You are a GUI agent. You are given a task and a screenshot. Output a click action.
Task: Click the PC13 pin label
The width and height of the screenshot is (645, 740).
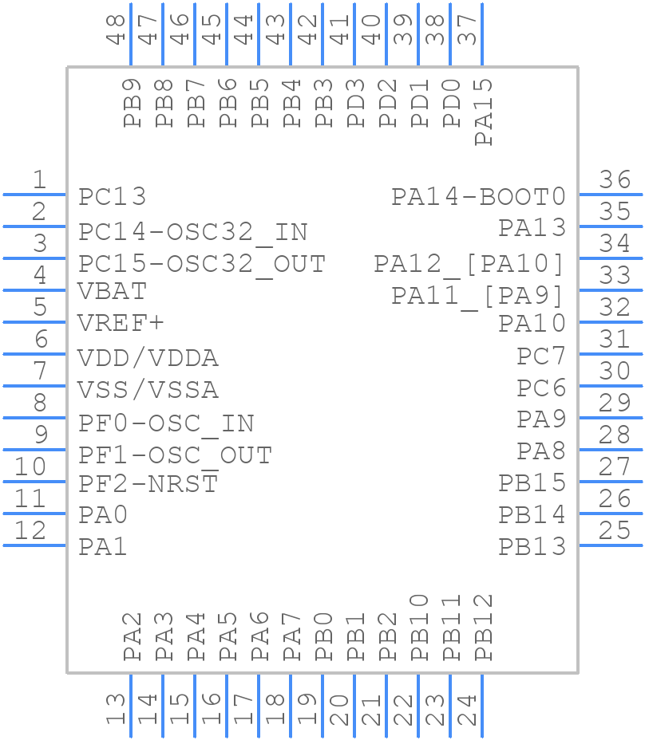(x=113, y=196)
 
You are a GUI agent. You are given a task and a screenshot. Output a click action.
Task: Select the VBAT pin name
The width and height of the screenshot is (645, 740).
(x=112, y=291)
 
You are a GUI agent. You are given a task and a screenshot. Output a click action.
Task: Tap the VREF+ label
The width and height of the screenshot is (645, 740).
(x=121, y=323)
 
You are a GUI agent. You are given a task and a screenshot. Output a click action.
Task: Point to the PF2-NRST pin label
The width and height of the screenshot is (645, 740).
(x=148, y=483)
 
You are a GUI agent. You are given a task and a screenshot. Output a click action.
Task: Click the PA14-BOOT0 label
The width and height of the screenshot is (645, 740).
(x=478, y=196)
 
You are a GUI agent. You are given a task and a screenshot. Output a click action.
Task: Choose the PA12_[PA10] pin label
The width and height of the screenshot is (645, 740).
(x=469, y=263)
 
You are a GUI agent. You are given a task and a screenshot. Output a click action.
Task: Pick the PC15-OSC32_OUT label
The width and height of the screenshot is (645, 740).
(x=201, y=264)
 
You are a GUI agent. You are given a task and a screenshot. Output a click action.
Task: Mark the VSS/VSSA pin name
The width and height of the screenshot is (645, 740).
(x=148, y=390)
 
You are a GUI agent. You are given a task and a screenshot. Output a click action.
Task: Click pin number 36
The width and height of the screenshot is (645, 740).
(x=615, y=180)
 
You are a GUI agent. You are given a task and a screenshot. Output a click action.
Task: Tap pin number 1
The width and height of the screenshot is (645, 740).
(x=38, y=180)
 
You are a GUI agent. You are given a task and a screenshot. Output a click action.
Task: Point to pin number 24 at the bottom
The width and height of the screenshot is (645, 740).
(x=468, y=709)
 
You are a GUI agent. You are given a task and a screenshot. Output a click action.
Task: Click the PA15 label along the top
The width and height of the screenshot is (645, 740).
(x=484, y=112)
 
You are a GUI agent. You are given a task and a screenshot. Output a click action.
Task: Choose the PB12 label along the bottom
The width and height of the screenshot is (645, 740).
(x=484, y=628)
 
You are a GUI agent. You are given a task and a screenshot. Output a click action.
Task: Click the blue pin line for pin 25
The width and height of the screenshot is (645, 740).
(x=611, y=545)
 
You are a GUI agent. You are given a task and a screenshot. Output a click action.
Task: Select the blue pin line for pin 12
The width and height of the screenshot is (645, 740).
(x=35, y=545)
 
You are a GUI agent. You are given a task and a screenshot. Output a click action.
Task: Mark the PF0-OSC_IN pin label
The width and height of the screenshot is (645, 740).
(x=166, y=423)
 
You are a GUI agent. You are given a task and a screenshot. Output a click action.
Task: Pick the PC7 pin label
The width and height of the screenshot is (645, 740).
(x=540, y=356)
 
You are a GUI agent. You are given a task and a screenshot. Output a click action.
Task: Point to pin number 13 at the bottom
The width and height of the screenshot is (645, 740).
(x=117, y=709)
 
